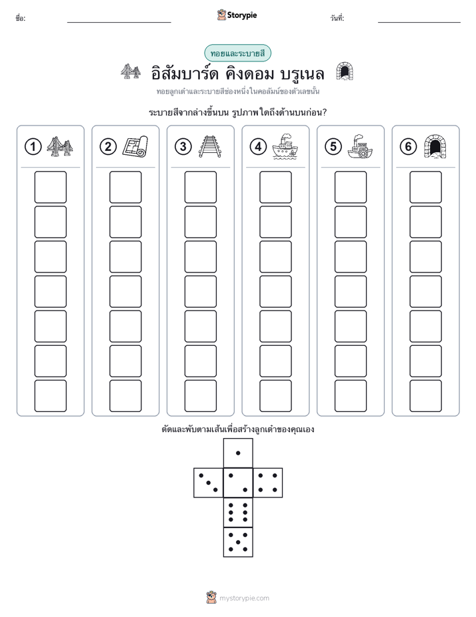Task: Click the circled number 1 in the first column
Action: coord(33,147)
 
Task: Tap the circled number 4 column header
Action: coord(258,147)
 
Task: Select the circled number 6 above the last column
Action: coord(408,147)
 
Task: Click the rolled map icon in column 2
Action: coord(135,146)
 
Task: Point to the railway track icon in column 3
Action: coord(210,146)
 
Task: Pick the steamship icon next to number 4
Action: coord(285,146)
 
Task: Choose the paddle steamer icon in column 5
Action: coord(360,147)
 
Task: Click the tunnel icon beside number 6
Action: coord(435,146)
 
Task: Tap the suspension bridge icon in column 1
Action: coord(60,146)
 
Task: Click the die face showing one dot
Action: coord(238,453)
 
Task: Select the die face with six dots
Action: coord(238,512)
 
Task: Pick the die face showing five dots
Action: coord(238,542)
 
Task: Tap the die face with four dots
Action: coord(268,483)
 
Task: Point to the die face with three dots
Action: coord(209,483)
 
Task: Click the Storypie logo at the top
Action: coord(237,15)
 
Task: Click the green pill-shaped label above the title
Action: coord(237,53)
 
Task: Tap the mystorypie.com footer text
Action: coord(244,598)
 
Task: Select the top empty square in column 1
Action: coord(50,187)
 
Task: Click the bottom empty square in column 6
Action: coord(426,396)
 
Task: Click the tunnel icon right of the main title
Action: coord(345,71)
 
